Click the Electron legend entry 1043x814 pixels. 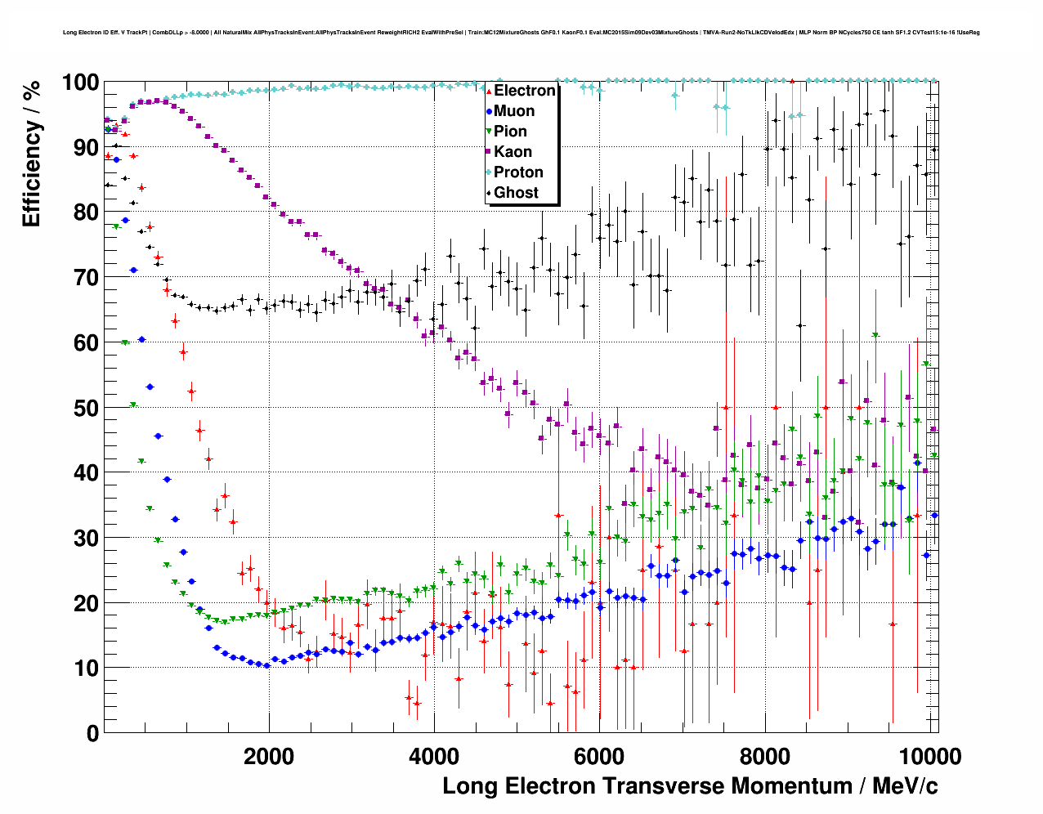(x=524, y=91)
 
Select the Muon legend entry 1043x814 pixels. (x=513, y=111)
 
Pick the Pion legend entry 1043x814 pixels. (x=510, y=132)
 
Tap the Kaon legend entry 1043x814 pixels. (x=513, y=152)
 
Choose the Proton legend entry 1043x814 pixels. (x=518, y=172)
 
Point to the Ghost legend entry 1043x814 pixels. (x=516, y=193)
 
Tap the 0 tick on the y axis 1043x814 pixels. (x=92, y=733)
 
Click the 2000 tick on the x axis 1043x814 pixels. (x=269, y=756)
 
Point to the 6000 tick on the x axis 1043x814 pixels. (x=599, y=756)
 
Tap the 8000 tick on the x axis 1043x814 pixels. (x=764, y=756)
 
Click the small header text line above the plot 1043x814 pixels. (x=521, y=33)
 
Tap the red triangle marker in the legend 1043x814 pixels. (x=489, y=92)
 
